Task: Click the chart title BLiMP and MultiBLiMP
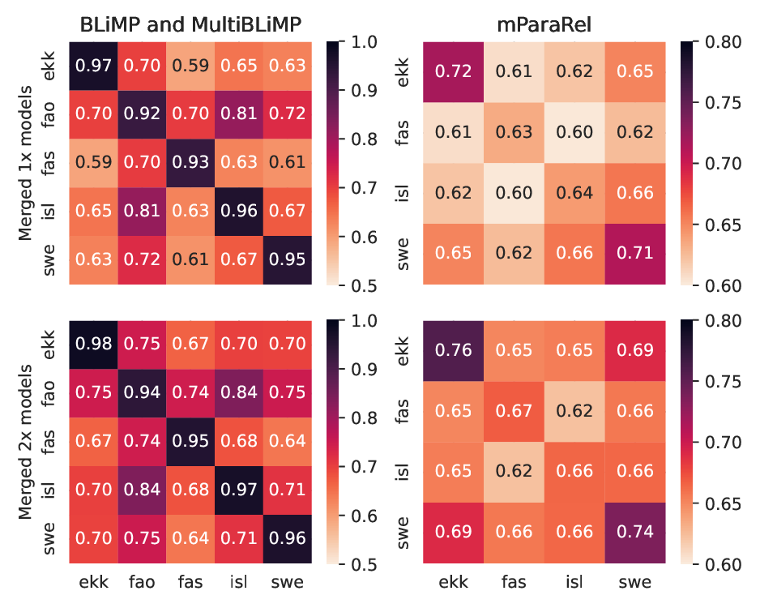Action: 190,24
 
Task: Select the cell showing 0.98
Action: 93,344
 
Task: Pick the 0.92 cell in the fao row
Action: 142,114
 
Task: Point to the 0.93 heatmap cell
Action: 191,163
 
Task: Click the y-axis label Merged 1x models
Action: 25,163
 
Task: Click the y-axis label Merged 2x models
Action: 25,442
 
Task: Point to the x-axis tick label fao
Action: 142,582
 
